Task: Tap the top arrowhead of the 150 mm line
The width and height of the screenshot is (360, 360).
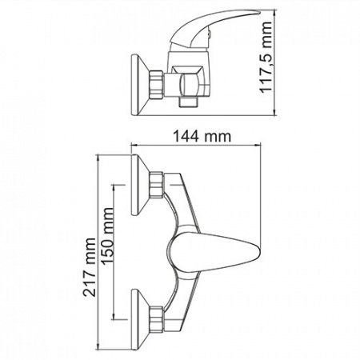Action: (118, 189)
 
